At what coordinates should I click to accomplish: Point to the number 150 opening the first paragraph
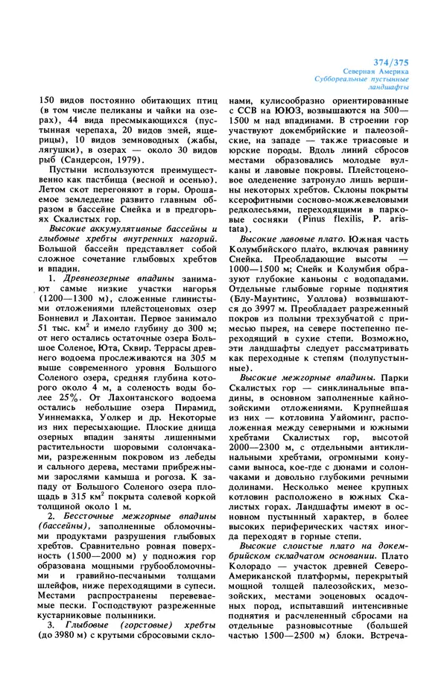click(x=48, y=100)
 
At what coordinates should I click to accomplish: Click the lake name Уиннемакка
click(x=69, y=432)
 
